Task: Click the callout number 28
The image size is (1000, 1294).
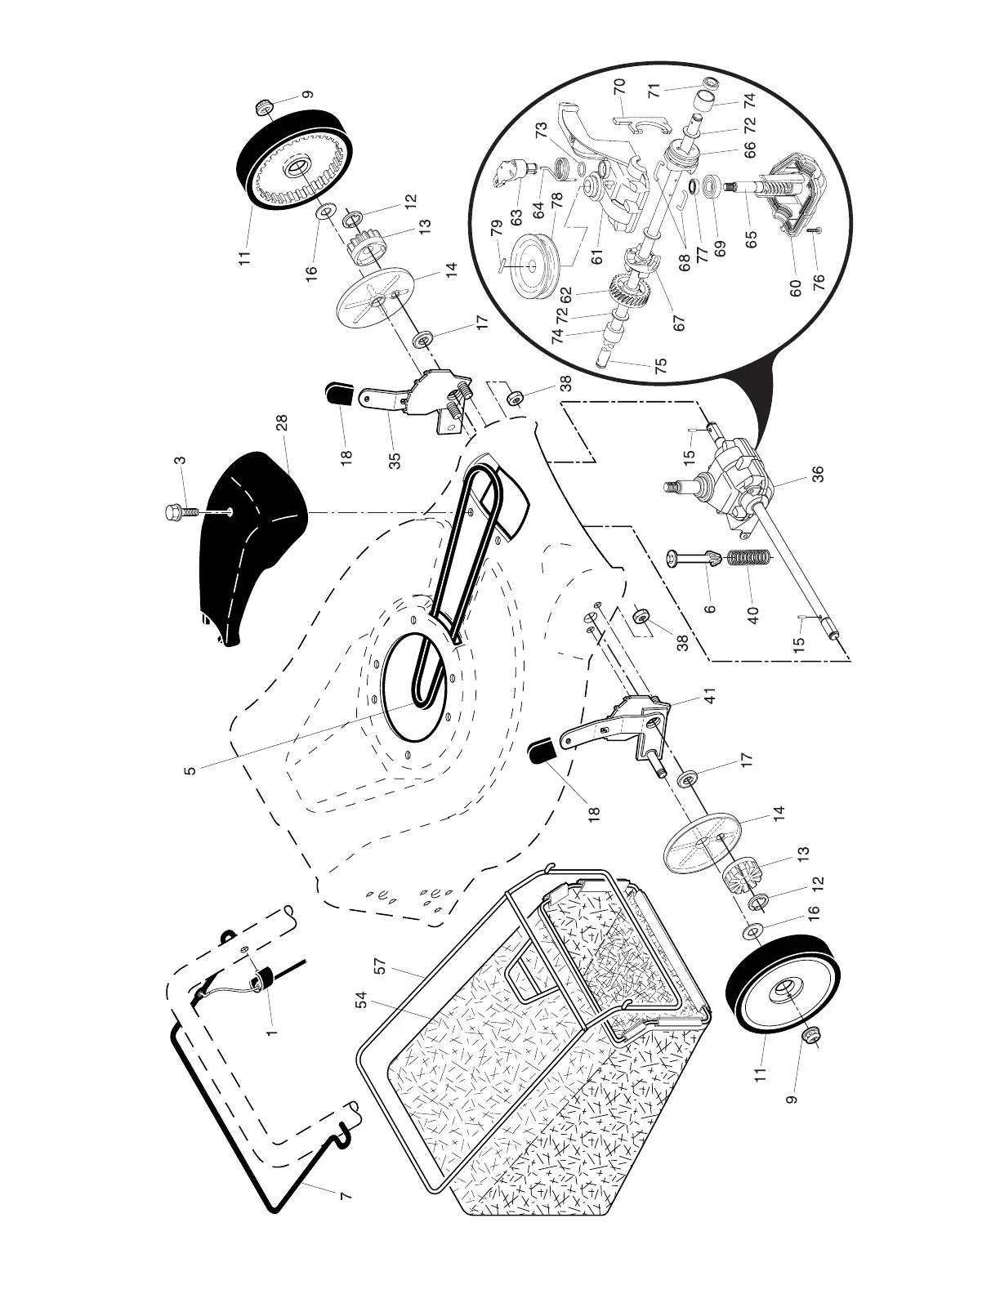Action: [x=283, y=424]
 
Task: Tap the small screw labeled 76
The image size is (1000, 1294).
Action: [x=817, y=231]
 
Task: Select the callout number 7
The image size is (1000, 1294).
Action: [x=345, y=1196]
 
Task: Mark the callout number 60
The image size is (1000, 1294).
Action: [x=796, y=288]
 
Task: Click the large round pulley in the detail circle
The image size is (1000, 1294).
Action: [x=533, y=264]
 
